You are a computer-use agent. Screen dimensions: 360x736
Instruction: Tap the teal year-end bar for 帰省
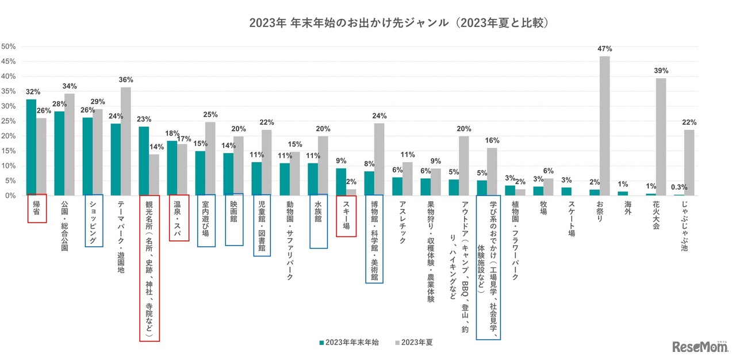tap(31, 147)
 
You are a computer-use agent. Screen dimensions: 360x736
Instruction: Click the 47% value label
tap(604, 49)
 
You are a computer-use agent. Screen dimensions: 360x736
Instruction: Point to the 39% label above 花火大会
tap(661, 71)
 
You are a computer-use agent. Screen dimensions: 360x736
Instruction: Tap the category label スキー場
tap(346, 213)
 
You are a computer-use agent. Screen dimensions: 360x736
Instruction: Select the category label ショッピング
tap(94, 221)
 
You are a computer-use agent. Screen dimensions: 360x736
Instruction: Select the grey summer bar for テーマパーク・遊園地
tap(125, 141)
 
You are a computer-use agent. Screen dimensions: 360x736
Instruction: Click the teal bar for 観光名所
tap(144, 161)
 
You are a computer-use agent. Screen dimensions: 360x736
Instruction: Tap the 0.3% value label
tap(678, 187)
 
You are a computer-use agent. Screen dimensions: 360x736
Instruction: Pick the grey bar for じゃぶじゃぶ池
tap(689, 163)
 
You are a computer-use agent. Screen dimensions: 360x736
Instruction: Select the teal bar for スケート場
tap(566, 192)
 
